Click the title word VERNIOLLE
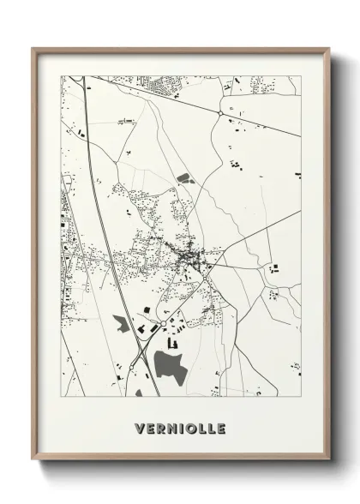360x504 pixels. [180, 426]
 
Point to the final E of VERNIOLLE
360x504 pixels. [220, 426]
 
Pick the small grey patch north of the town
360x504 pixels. [183, 179]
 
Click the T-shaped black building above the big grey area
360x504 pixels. [172, 342]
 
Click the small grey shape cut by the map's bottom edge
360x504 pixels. [138, 393]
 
